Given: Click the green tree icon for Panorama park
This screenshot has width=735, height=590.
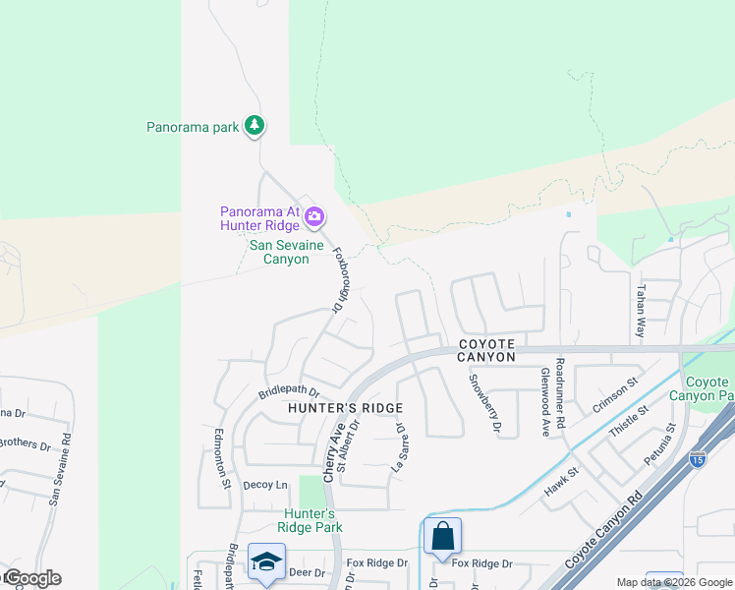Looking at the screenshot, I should [x=254, y=125].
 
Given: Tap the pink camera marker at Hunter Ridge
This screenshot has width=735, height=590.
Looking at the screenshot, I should [x=314, y=215].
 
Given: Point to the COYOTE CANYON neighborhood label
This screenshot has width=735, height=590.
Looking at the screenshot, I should [x=486, y=350].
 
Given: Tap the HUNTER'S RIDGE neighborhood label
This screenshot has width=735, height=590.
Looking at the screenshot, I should [x=345, y=408].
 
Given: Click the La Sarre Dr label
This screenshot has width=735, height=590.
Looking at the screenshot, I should [x=399, y=447].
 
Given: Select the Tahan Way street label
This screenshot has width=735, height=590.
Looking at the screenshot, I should [x=640, y=312].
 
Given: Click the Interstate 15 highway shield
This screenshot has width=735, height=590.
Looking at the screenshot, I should [x=697, y=458].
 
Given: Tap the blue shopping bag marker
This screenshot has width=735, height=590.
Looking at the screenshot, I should [x=442, y=536].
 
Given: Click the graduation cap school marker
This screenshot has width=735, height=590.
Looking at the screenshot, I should [x=265, y=561].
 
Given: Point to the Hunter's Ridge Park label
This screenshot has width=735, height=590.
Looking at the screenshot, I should [x=311, y=520].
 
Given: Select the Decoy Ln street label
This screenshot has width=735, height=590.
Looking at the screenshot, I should [x=265, y=485].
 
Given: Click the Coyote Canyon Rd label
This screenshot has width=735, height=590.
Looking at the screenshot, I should [x=604, y=536].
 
